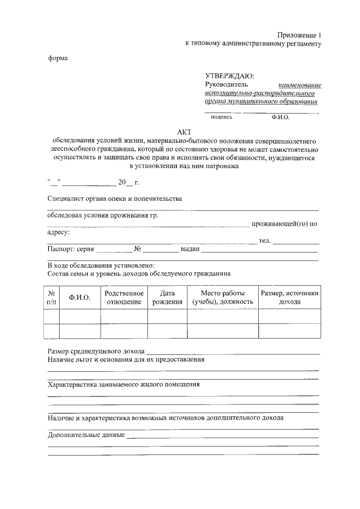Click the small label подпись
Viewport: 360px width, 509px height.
click(x=221, y=118)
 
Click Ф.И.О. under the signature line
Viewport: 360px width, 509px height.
click(x=280, y=118)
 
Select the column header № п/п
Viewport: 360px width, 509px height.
click(x=51, y=298)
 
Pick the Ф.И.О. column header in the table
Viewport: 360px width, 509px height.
click(x=79, y=298)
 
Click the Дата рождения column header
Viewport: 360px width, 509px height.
click(x=168, y=298)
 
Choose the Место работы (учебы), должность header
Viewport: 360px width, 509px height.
click(x=223, y=298)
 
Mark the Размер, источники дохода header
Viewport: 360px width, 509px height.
click(x=290, y=298)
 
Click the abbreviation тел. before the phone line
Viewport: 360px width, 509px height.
click(x=264, y=241)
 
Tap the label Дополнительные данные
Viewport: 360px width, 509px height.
click(x=86, y=435)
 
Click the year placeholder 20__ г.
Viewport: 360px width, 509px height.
click(x=129, y=182)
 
